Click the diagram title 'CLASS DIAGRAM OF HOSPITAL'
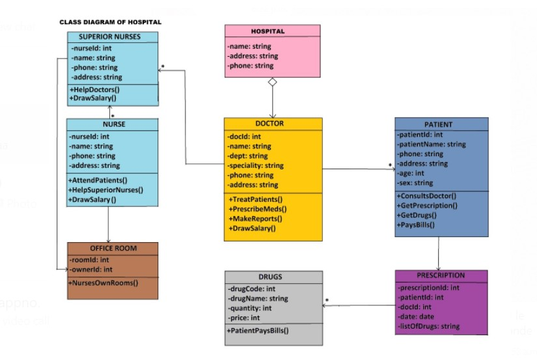click(110, 22)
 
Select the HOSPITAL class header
click(272, 31)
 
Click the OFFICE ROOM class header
click(113, 248)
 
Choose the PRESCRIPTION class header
click(441, 275)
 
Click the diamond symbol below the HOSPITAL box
click(273, 83)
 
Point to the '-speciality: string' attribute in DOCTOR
click(256, 166)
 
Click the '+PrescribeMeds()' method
click(258, 208)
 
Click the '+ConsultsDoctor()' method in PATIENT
click(426, 196)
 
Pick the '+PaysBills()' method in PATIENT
click(416, 225)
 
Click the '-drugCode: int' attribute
click(251, 288)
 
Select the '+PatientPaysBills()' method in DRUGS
click(258, 331)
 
